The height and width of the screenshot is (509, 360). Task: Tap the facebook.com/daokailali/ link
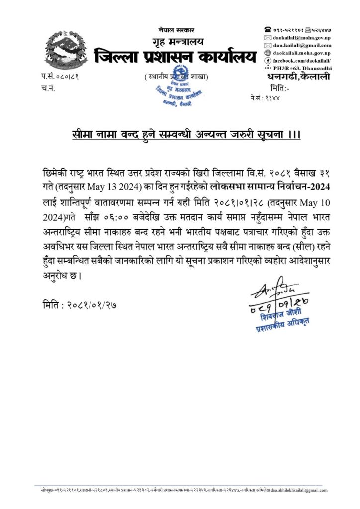click(x=302, y=60)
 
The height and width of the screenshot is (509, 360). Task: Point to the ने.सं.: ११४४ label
click(x=267, y=98)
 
